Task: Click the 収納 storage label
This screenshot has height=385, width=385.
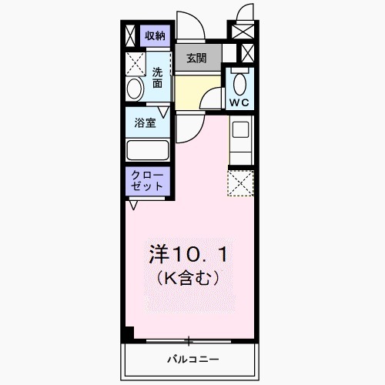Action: point(156,35)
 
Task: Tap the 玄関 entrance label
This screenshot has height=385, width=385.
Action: point(197,58)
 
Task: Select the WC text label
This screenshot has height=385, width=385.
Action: point(238,102)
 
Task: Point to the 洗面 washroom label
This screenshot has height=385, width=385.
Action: point(157,78)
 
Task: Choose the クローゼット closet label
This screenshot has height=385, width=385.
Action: point(147,180)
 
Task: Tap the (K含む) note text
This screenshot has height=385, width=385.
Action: point(188,277)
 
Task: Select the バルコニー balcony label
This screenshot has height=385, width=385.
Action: point(192,360)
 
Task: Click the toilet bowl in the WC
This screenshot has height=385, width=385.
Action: point(238,82)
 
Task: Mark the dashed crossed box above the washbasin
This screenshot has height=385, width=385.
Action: point(136,62)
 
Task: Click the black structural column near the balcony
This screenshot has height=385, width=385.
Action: point(129,333)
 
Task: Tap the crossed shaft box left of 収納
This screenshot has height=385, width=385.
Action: point(132,35)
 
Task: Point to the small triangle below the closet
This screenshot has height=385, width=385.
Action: point(134,205)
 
